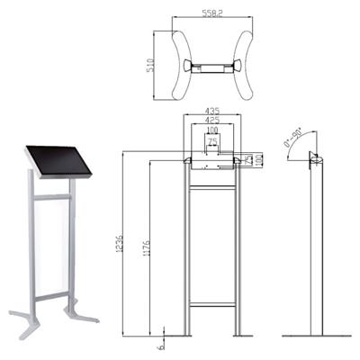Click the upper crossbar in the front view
click(212, 186)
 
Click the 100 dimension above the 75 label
click(211, 131)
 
